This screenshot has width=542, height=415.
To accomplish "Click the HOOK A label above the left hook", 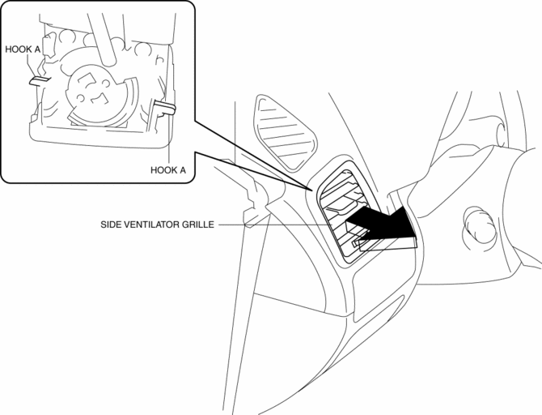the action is pyautogui.click(x=23, y=49).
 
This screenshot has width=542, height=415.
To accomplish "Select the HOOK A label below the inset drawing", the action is pyautogui.click(x=168, y=170).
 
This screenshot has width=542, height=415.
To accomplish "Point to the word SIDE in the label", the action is pyautogui.click(x=109, y=225).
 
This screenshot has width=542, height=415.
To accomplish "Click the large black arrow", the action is pyautogui.click(x=382, y=225).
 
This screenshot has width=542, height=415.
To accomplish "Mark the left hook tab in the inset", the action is pyautogui.click(x=39, y=80).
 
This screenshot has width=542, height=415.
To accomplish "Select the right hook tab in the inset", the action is pyautogui.click(x=165, y=106).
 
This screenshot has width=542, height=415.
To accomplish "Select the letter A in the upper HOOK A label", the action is pyautogui.click(x=37, y=49).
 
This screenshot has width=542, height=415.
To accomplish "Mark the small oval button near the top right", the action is pyautogui.click(x=501, y=135).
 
